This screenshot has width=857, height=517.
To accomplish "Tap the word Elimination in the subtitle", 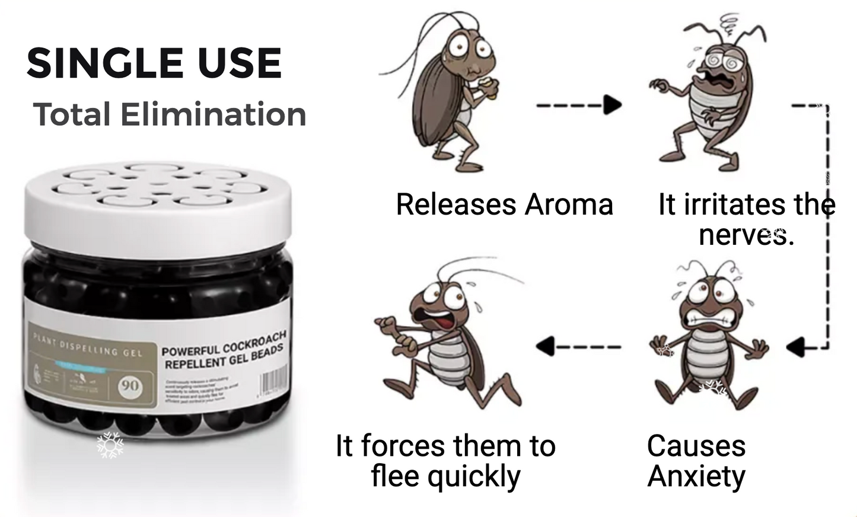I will click(x=213, y=114).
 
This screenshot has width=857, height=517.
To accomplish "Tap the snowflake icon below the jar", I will click(x=110, y=445).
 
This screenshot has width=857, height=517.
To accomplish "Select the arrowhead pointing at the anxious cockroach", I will click(x=797, y=346).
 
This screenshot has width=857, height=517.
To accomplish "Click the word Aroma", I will click(x=568, y=205).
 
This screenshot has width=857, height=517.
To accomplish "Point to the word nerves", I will click(x=746, y=235).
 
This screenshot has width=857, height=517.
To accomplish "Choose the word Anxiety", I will click(x=696, y=475).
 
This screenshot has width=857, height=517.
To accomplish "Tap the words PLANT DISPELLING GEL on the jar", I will click(x=87, y=346).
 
